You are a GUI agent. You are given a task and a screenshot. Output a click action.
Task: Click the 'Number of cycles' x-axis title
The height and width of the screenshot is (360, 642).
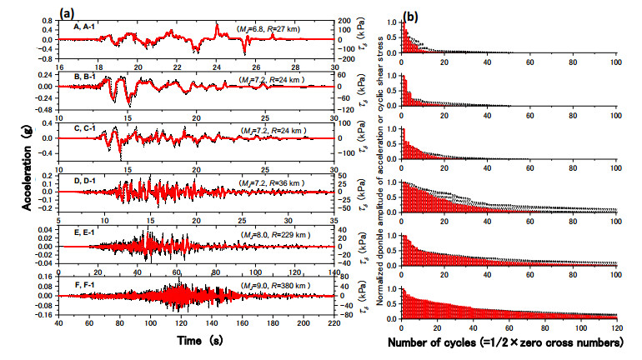pyautogui.click(x=507, y=342)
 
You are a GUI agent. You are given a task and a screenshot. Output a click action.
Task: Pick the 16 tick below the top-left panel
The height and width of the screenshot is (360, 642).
pyautogui.click(x=60, y=67)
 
